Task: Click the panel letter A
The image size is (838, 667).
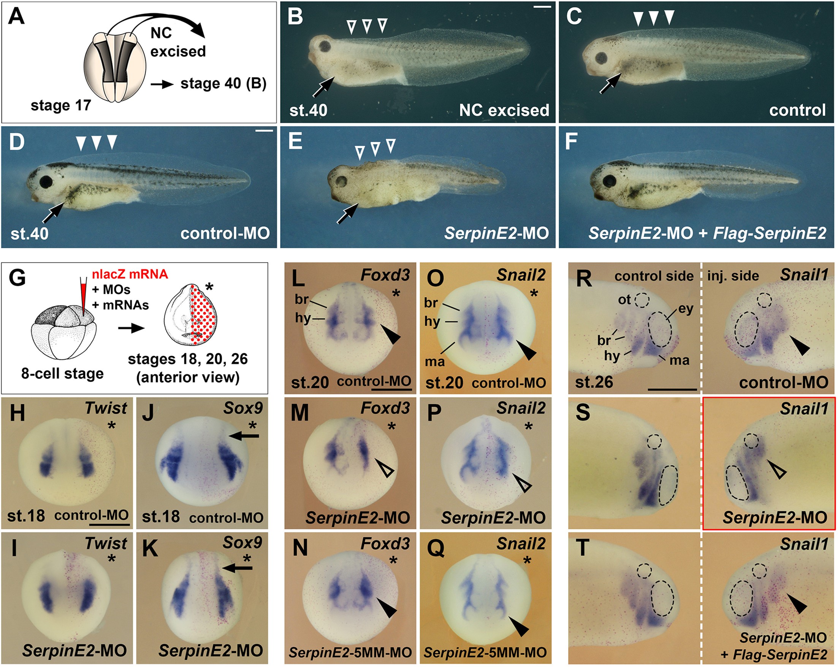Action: tap(16, 17)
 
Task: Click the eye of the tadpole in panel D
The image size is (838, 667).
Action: tap(46, 182)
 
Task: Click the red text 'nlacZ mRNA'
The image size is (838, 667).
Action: tap(130, 274)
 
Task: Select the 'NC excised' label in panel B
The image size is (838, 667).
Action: tap(504, 110)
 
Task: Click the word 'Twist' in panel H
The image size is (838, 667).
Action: tap(106, 408)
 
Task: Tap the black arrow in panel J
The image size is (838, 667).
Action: tap(244, 437)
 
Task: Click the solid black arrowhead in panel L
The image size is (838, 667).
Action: tap(390, 334)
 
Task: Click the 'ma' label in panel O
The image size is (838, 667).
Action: tap(434, 361)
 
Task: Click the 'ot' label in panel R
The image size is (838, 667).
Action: tap(625, 300)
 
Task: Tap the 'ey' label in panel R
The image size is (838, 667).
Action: tap(686, 309)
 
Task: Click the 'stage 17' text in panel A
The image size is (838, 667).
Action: tap(61, 105)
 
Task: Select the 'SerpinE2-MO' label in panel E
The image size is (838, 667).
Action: tap(496, 233)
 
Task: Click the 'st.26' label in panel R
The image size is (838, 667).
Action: tap(594, 382)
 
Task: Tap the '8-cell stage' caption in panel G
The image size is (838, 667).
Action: tap(62, 374)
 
